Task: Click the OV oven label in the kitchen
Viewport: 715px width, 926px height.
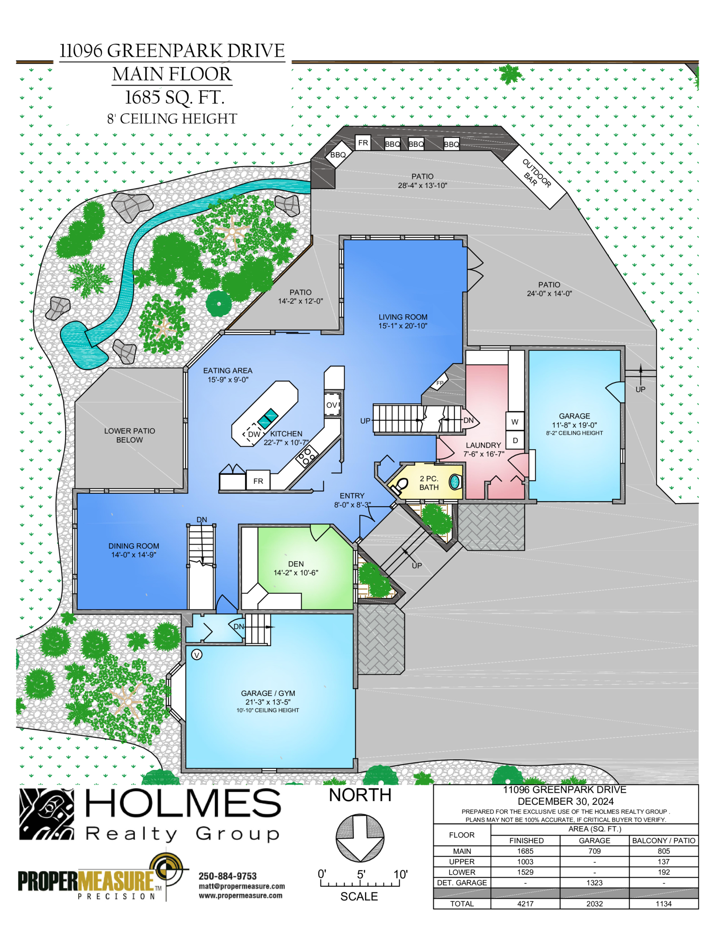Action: [x=331, y=405]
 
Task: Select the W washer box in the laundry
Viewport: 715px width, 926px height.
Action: [x=515, y=421]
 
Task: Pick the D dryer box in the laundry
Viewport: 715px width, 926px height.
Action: [x=515, y=440]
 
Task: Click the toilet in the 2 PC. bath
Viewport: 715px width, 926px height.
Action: [x=400, y=485]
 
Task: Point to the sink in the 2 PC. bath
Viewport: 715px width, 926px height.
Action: [x=455, y=482]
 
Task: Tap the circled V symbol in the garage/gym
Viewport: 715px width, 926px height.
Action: [x=197, y=655]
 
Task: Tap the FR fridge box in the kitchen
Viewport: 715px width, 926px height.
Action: [x=258, y=481]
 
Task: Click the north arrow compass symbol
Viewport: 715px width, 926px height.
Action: [x=360, y=838]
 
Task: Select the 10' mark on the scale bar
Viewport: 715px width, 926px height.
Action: [x=400, y=875]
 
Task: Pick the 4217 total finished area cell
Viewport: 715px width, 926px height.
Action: [x=526, y=904]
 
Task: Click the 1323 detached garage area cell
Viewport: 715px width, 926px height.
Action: [x=594, y=883]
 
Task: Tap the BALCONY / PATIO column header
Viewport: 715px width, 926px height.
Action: [x=664, y=841]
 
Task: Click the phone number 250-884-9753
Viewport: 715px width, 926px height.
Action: [x=228, y=876]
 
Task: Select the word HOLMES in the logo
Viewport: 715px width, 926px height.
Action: [x=183, y=803]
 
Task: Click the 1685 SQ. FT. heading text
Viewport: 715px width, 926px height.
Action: [x=174, y=97]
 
